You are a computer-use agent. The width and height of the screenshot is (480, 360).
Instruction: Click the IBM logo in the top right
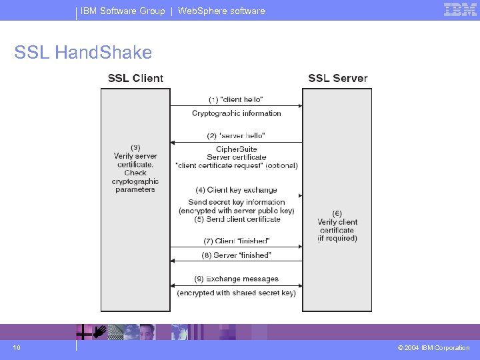[x=460, y=10]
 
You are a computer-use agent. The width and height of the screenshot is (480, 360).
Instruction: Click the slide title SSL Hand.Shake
[x=83, y=52]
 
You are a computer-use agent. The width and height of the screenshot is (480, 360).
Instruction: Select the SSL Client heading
[x=135, y=78]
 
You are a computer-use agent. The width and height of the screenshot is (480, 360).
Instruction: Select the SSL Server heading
[x=337, y=78]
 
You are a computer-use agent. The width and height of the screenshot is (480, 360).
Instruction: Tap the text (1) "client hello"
[x=236, y=99]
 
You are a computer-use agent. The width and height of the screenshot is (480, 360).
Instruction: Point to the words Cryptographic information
[x=236, y=113]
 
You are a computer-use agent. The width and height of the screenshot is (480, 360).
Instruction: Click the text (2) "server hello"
[x=236, y=136]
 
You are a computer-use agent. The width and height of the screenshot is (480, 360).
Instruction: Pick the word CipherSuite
[x=236, y=149]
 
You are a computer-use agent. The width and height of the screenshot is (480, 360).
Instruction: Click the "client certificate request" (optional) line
[x=236, y=165]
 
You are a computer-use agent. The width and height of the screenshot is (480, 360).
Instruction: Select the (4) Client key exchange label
[x=236, y=190]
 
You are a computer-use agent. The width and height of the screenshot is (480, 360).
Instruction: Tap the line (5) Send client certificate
[x=236, y=219]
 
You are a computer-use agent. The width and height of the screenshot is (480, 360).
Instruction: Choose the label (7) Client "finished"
[x=236, y=241]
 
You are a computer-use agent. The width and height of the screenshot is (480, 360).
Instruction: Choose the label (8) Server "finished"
[x=236, y=255]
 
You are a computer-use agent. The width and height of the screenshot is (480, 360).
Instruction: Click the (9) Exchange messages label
[x=236, y=279]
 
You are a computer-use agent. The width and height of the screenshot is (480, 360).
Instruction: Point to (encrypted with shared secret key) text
[x=236, y=293]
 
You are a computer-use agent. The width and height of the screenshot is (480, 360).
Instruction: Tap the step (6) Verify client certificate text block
[x=337, y=226]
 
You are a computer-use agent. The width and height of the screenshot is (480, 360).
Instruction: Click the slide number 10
[x=17, y=347]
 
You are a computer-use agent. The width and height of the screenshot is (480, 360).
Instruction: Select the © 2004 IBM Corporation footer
[x=433, y=347]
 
